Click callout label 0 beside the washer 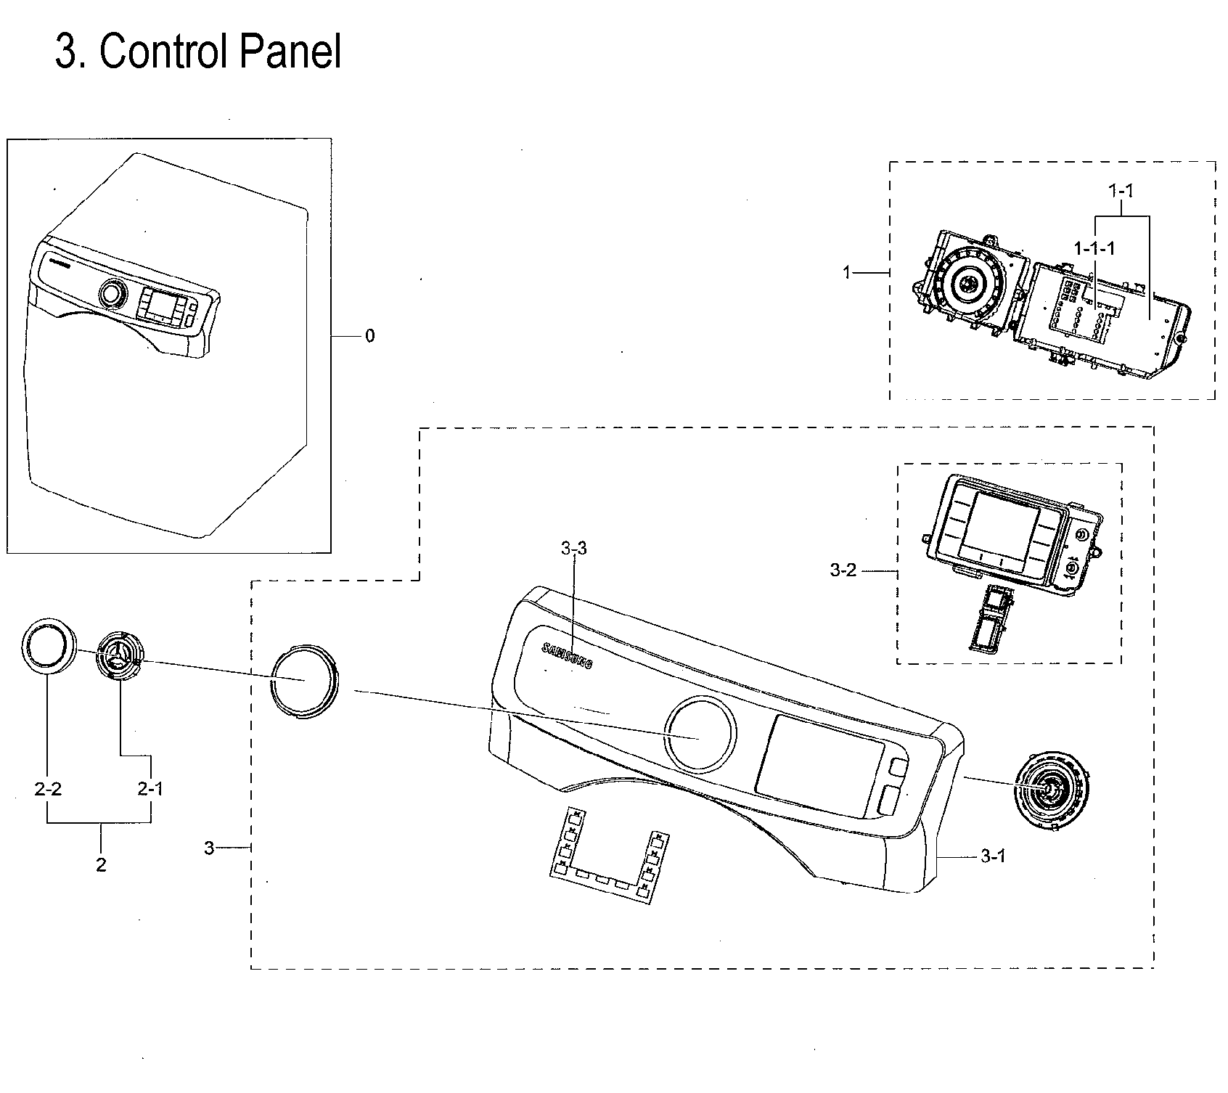click(x=370, y=336)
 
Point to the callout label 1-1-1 click(x=1094, y=248)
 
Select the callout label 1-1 click(x=1121, y=191)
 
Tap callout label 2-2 click(x=48, y=788)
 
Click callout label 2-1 click(x=150, y=788)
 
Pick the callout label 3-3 click(x=573, y=549)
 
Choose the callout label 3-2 click(x=843, y=570)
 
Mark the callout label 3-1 click(x=993, y=856)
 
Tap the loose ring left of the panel click(x=304, y=680)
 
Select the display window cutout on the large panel click(x=819, y=765)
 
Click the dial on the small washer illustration click(x=112, y=292)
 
